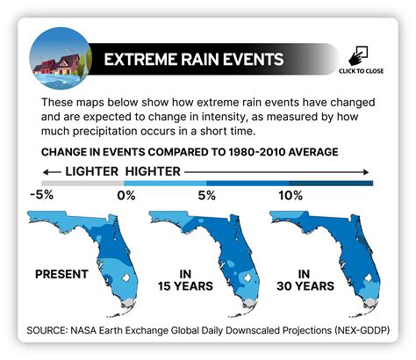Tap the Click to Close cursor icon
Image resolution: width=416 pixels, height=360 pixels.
[362, 54]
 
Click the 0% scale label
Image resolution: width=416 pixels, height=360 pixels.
[125, 195]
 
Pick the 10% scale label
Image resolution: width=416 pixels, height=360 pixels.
[289, 195]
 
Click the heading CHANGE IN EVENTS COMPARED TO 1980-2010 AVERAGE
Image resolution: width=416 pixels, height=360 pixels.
[190, 151]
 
